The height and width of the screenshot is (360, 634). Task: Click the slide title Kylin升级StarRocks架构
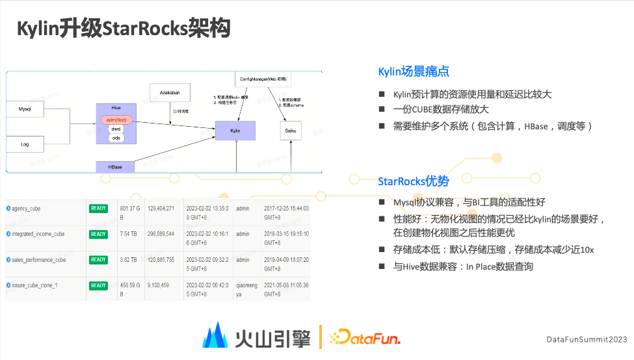(x=123, y=29)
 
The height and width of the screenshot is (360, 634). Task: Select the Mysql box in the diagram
(x=24, y=109)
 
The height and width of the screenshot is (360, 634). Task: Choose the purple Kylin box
(x=235, y=131)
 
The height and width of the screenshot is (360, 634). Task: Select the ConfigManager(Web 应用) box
(x=263, y=79)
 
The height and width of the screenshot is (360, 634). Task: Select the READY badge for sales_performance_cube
(x=98, y=260)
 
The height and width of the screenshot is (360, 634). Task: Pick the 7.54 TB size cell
(x=128, y=234)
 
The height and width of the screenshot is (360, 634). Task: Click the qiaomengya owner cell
(x=246, y=289)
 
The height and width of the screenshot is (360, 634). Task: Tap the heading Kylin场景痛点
(x=414, y=71)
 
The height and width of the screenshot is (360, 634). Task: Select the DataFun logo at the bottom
(x=365, y=337)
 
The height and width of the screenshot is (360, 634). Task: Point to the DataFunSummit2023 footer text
(x=587, y=340)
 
